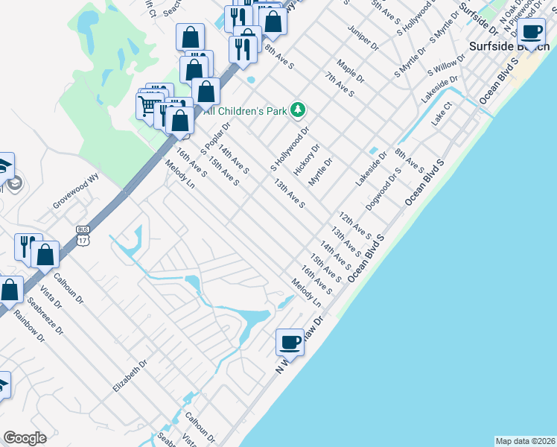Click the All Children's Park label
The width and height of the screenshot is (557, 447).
245,111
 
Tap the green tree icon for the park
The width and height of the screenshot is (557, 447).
299,110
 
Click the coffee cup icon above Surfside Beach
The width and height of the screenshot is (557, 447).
532,32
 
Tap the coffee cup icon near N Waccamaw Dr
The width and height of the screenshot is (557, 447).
290,342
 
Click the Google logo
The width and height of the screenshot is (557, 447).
25,438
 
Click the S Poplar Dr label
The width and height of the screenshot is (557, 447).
217,133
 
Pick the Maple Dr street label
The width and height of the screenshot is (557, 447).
350,72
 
